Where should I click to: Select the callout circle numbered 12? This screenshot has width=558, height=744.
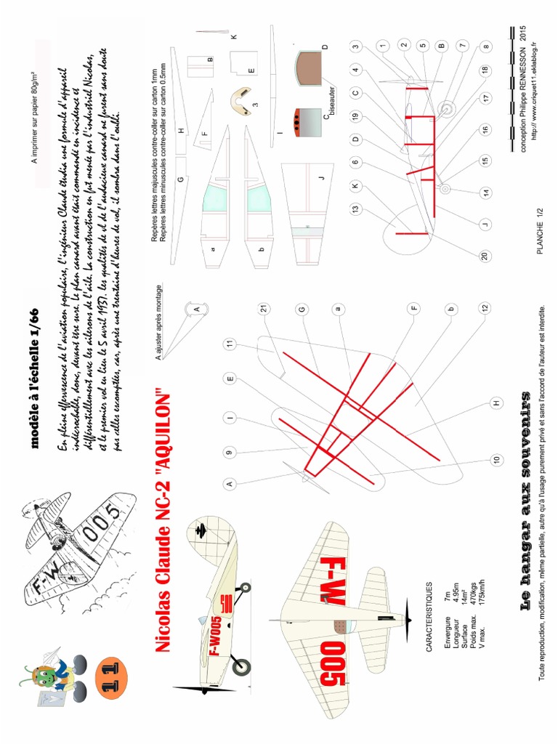(x=483, y=308)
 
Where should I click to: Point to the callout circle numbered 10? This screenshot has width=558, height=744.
(x=497, y=459)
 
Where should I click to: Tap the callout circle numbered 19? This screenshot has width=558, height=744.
(x=355, y=116)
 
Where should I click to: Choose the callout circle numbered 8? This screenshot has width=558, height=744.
(x=486, y=46)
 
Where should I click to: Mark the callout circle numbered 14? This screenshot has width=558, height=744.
(x=486, y=193)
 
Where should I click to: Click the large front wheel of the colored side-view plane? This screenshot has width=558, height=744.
(x=240, y=665)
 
